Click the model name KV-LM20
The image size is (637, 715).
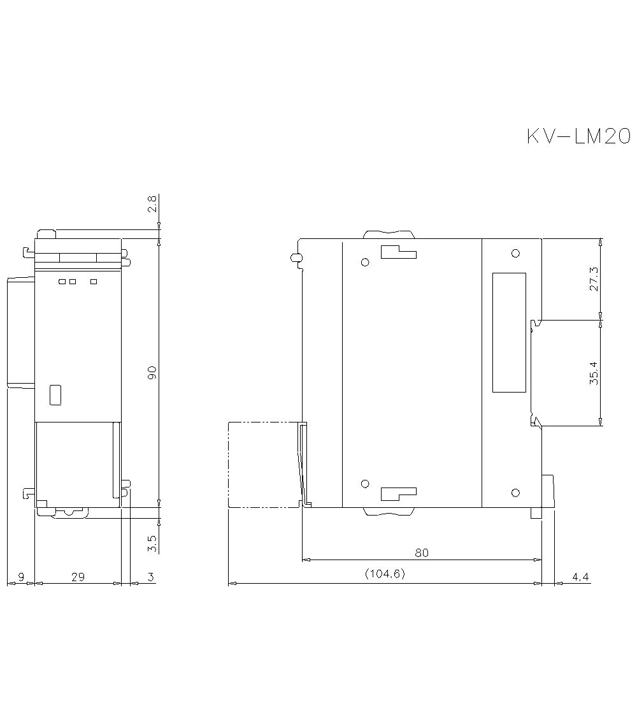(578, 136)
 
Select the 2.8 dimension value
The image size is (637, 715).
(152, 204)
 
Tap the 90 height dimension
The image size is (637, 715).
(152, 373)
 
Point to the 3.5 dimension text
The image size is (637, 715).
(152, 543)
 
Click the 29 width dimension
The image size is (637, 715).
(78, 577)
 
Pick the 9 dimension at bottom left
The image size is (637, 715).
(20, 577)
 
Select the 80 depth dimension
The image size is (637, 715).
(422, 552)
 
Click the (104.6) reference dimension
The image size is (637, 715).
(385, 574)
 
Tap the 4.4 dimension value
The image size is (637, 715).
(580, 577)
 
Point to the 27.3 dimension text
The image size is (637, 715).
(594, 278)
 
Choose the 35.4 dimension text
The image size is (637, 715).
(594, 373)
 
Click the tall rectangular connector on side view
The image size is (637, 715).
(509, 332)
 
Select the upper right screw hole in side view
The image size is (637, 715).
(515, 253)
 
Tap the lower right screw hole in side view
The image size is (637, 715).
(515, 493)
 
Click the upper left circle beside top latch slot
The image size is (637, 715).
(365, 262)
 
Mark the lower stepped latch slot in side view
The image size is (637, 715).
(397, 493)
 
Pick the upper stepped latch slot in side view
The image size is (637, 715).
(397, 252)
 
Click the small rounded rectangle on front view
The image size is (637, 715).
(55, 394)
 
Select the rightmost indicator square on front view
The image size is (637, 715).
(94, 282)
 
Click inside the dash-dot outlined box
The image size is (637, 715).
(262, 464)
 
